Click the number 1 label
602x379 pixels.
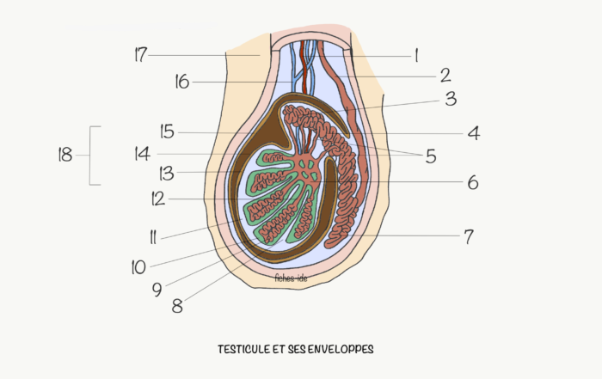point(416,56)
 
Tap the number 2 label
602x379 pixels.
point(445,75)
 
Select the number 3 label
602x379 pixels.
point(451,99)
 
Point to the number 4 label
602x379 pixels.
point(474,133)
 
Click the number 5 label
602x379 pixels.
point(431,156)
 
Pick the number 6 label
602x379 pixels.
point(473,182)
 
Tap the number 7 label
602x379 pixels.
point(469,236)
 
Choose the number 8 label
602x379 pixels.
point(177,306)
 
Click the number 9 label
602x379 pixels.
point(157,290)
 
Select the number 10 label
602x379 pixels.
point(138,267)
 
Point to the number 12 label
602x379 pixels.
point(158,199)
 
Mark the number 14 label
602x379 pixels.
point(143,154)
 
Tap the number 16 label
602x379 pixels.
point(182,82)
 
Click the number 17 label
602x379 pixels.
point(141,54)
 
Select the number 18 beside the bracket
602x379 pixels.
point(65,155)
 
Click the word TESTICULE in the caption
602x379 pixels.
point(244,349)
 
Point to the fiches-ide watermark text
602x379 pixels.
point(291,278)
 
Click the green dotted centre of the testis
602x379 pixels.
point(309,169)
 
